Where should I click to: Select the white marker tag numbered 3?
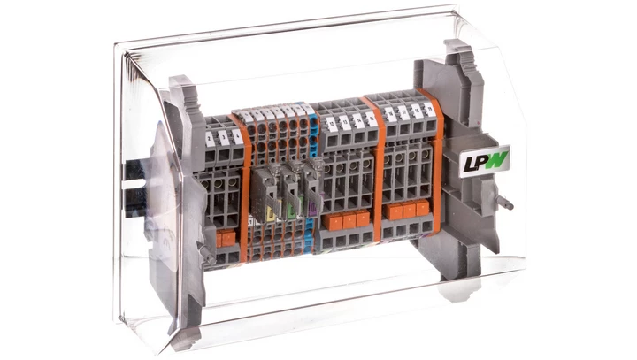[224, 135]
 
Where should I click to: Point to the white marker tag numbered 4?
[235, 134]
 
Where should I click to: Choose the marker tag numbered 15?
[370, 119]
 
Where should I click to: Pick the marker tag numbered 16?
[391, 115]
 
